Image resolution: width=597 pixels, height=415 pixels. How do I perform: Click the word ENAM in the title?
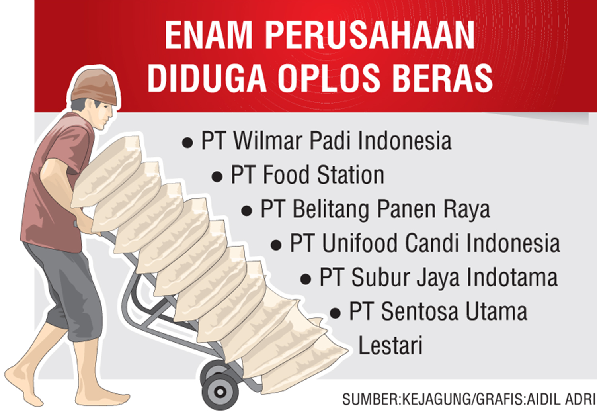click(209, 35)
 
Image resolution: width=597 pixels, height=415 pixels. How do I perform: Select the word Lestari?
click(390, 345)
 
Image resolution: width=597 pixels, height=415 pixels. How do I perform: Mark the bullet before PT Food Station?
click(217, 176)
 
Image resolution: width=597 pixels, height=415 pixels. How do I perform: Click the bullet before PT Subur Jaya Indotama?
click(305, 279)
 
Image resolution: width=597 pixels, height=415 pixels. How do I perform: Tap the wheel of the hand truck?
click(220, 391)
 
